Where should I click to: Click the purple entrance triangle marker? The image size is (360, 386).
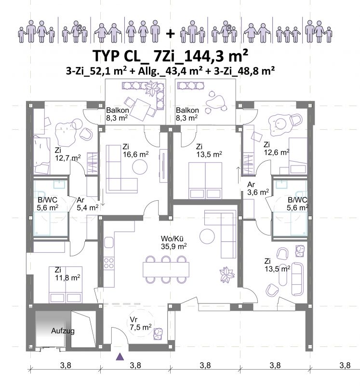pos(120,357)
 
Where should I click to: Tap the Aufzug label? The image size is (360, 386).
pos(63,331)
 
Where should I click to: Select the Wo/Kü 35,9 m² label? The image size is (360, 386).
pos(173,243)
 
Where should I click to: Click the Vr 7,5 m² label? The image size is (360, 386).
pos(140,323)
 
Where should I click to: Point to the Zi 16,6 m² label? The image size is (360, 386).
pos(135,151)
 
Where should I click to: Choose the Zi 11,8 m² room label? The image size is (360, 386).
pos(67,274)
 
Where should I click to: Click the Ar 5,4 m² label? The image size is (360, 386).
pos(88,204)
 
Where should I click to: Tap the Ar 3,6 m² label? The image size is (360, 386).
pos(258,188)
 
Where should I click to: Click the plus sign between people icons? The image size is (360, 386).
pos(170,33)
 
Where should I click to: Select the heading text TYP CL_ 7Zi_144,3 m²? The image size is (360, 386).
pos(170,55)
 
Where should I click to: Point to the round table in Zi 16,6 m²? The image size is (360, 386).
pos(140,167)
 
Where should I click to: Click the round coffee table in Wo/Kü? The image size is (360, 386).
pos(207,236)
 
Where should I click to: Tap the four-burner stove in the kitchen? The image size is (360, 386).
pos(109,263)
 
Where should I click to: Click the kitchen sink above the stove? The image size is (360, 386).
pos(109,243)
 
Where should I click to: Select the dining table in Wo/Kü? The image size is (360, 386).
pos(166,270)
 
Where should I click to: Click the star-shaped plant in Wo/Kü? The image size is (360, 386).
pos(227,275)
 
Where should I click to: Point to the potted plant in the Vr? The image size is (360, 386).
pos(158,334)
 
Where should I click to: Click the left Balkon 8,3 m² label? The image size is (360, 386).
pos(117,114)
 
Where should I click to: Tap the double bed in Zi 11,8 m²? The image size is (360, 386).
pos(66,285)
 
